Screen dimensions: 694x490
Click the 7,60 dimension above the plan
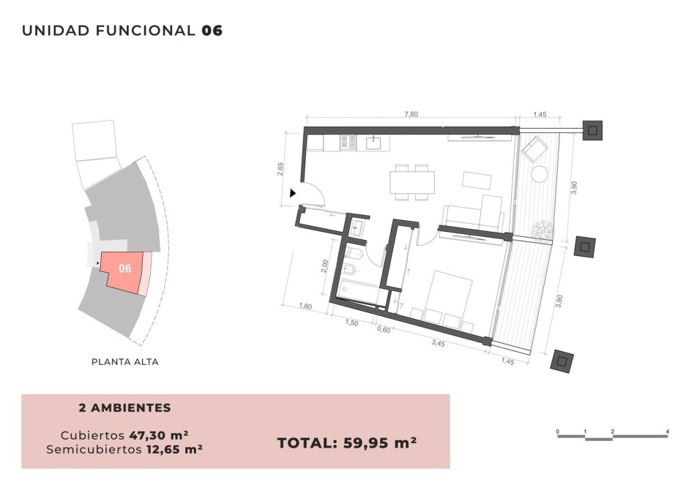coord(411,114)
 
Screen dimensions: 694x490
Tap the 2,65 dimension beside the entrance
coord(280,169)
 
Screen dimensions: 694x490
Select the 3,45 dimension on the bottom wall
coord(438,343)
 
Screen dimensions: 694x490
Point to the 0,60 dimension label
coord(384,329)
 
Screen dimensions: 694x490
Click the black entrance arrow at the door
coord(293,193)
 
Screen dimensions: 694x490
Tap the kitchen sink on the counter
coord(375,143)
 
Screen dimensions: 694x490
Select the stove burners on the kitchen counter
coord(348,143)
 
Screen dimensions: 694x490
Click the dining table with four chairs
coord(411,182)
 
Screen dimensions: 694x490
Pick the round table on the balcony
coord(540,173)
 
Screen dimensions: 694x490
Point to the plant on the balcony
coord(542,230)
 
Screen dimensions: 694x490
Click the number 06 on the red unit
coord(124,268)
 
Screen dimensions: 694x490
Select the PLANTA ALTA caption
coord(124,362)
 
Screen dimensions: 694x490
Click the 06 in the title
coord(212,31)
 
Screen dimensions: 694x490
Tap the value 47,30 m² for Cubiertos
coord(159,435)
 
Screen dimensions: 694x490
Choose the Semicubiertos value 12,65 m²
coord(173,449)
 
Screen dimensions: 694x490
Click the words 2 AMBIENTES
coord(124,408)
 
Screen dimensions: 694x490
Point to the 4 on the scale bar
coord(668,431)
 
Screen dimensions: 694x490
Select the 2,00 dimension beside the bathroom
coord(324,265)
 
